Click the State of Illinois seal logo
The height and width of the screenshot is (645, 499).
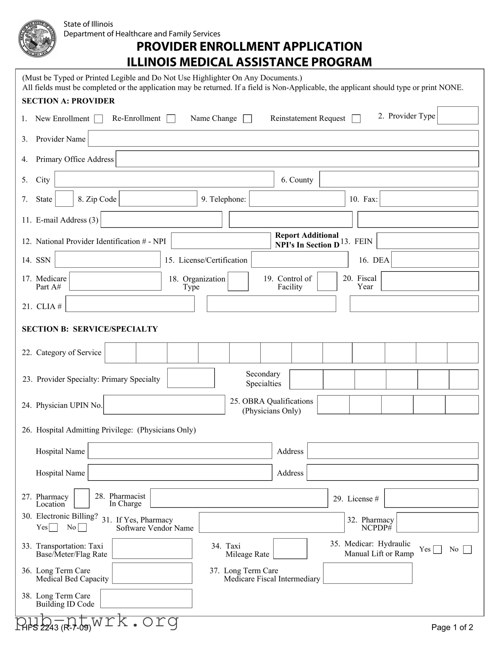tap(37, 39)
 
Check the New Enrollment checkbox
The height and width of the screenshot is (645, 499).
tap(99, 119)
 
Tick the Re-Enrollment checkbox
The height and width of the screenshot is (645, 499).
tap(171, 119)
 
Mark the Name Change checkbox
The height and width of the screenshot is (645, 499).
tap(247, 119)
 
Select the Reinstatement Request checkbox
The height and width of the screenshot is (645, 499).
tap(356, 119)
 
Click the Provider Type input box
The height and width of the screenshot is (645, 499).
tap(458, 116)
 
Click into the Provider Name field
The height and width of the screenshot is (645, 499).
tap(283, 139)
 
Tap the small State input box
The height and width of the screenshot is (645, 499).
tap(64, 199)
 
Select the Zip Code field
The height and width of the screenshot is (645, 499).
tap(158, 199)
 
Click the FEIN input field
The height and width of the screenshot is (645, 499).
tap(428, 241)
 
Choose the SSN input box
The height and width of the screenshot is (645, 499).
tap(108, 260)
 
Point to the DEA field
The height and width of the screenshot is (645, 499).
tap(435, 260)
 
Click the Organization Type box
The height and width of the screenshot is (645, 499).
tap(238, 282)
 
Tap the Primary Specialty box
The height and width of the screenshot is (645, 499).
tap(191, 378)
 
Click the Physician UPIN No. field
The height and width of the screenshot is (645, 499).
tap(164, 405)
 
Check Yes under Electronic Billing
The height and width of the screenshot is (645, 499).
tap(53, 527)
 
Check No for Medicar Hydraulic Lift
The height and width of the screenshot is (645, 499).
tap(467, 549)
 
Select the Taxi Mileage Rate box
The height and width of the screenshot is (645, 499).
tap(290, 549)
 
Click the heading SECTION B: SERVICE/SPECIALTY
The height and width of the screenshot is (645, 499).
tap(90, 329)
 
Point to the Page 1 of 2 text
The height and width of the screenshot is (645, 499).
tap(452, 627)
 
